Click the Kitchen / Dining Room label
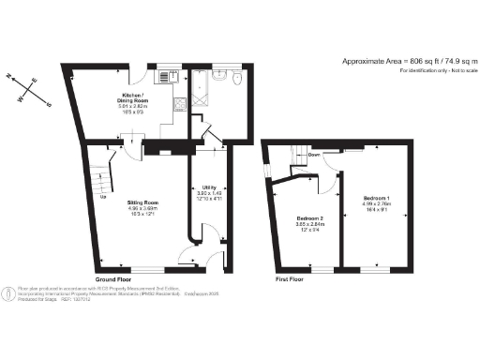click(130, 99)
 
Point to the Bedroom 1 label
click(378, 199)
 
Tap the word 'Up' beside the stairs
click(102, 197)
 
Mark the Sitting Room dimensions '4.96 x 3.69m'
click(142, 209)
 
